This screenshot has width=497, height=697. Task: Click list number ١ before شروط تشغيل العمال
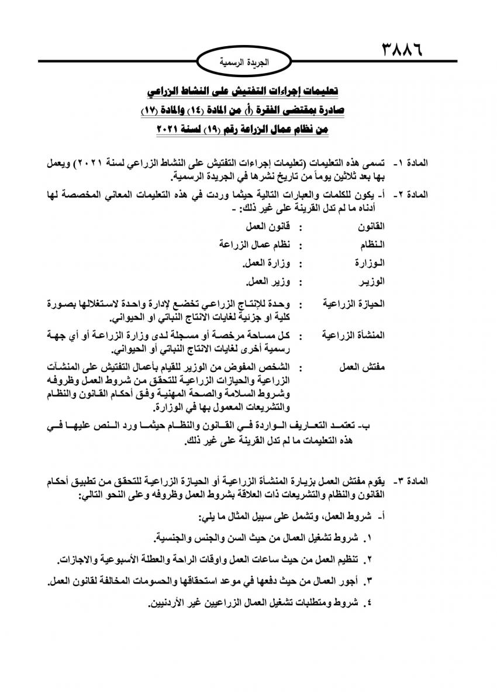[x=369, y=537]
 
